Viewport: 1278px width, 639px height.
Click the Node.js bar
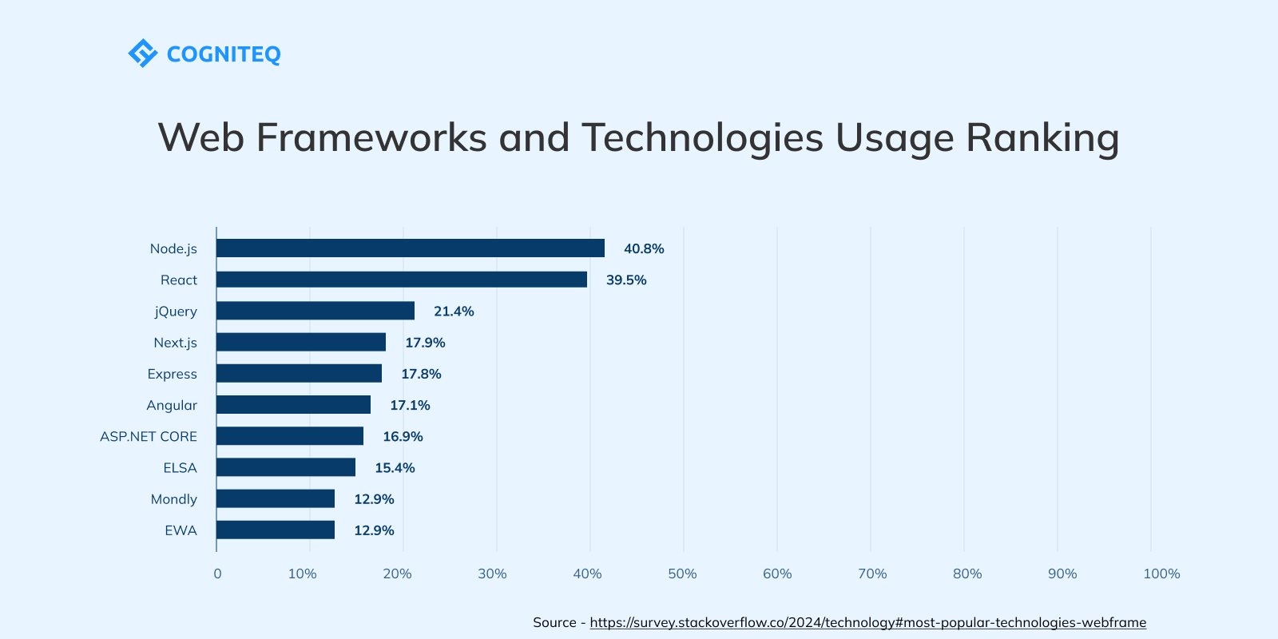[x=410, y=248]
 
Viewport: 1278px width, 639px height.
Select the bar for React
[x=401, y=280]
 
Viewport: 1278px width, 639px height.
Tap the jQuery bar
[x=315, y=311]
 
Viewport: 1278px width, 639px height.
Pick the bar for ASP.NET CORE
[x=289, y=436]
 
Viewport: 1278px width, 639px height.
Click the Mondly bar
[x=275, y=499]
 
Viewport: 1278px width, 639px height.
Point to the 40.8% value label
[x=644, y=248]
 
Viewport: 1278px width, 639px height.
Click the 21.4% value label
[x=454, y=312]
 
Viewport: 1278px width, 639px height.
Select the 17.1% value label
[x=410, y=405]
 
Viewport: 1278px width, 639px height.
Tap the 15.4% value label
[x=395, y=468]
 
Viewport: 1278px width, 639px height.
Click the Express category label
[x=172, y=374]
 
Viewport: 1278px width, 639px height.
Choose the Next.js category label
[x=175, y=343]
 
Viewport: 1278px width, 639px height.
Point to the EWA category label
[x=181, y=530]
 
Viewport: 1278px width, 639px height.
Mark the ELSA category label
[x=180, y=468]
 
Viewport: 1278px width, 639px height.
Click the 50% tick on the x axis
[x=682, y=574]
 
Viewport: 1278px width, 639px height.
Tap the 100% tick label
[x=1161, y=574]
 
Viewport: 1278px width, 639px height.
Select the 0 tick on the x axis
[x=217, y=574]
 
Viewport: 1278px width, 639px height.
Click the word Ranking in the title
[x=1042, y=138]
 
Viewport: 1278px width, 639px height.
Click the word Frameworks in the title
[x=371, y=137]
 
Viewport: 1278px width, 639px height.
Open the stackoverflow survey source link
[x=867, y=622]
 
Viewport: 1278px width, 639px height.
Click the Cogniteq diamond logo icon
[x=143, y=54]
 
